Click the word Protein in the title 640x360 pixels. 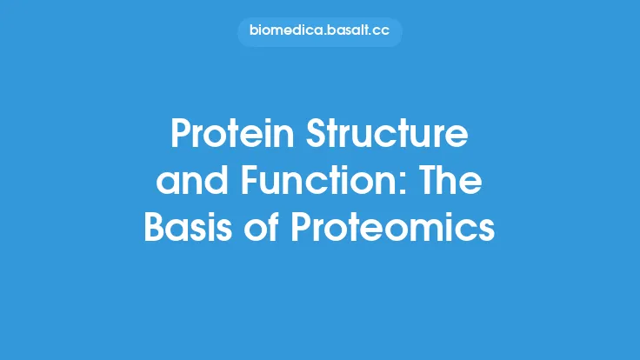226,135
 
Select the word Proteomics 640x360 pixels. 392,229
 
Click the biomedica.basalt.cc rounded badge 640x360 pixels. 320,32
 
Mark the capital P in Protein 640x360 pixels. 180,135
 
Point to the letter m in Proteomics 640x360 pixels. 429,231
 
